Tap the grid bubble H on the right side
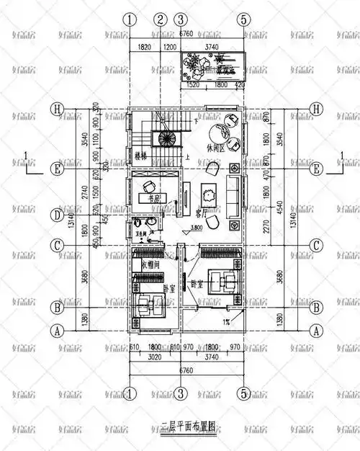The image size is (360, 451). [x=315, y=110]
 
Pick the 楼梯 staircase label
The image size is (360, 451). [x=140, y=155]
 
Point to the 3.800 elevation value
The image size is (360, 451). [x=191, y=229]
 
